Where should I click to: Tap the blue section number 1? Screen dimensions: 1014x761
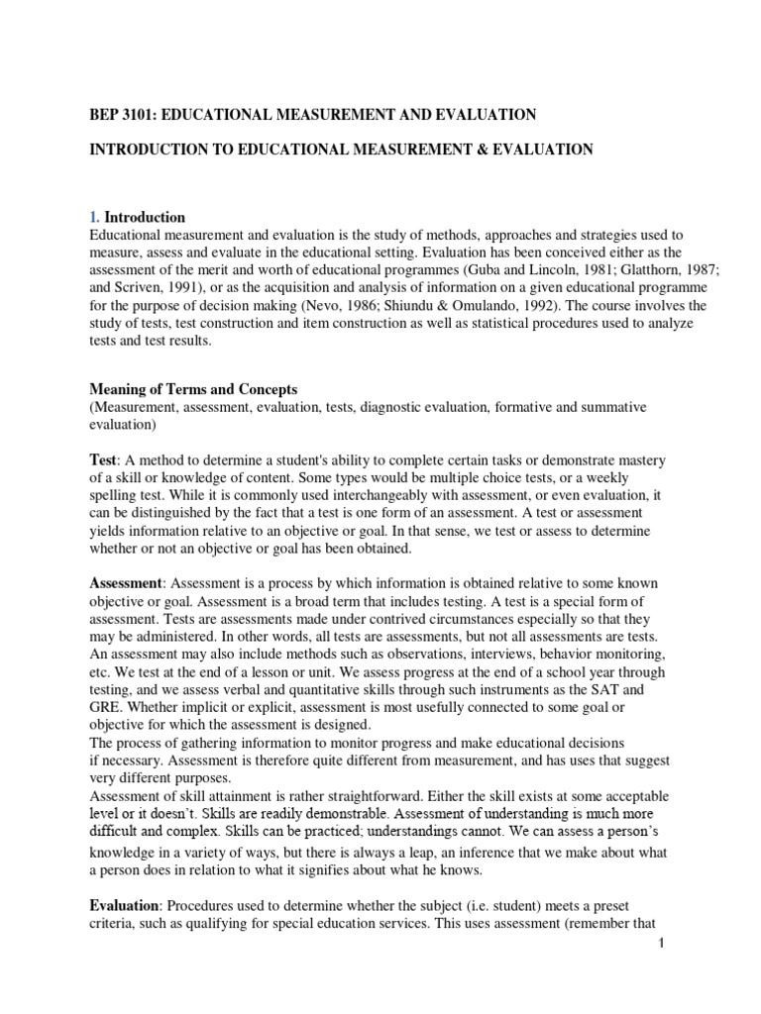pyautogui.click(x=94, y=217)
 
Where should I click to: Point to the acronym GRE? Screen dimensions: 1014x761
pyautogui.click(x=106, y=707)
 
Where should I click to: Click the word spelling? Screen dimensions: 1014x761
pyautogui.click(x=118, y=495)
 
